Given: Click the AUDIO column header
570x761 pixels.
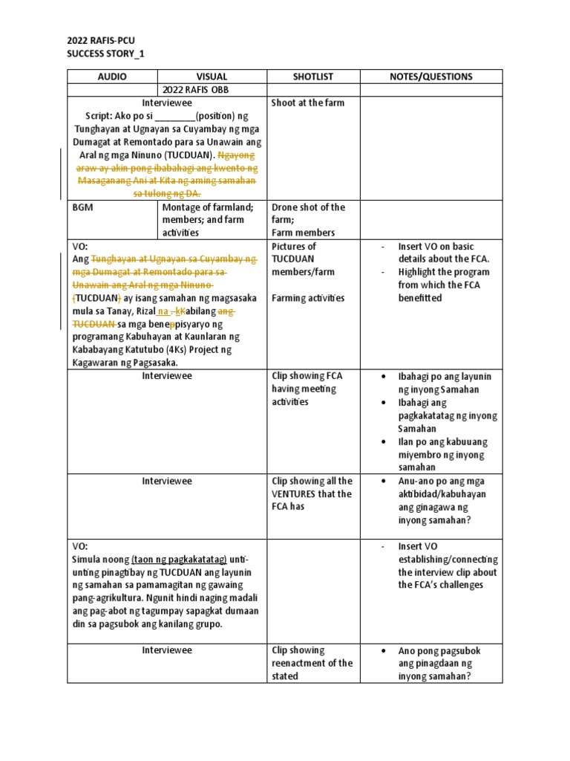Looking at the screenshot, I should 112,77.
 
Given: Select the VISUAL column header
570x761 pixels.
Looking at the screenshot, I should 212,77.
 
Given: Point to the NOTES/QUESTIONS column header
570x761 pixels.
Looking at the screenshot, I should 430,77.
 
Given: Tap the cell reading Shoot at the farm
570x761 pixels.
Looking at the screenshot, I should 308,103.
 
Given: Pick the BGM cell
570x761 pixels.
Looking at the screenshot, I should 82,207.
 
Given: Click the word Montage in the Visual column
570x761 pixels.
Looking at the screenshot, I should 182,207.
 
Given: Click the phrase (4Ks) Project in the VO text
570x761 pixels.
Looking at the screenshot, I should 201,350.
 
